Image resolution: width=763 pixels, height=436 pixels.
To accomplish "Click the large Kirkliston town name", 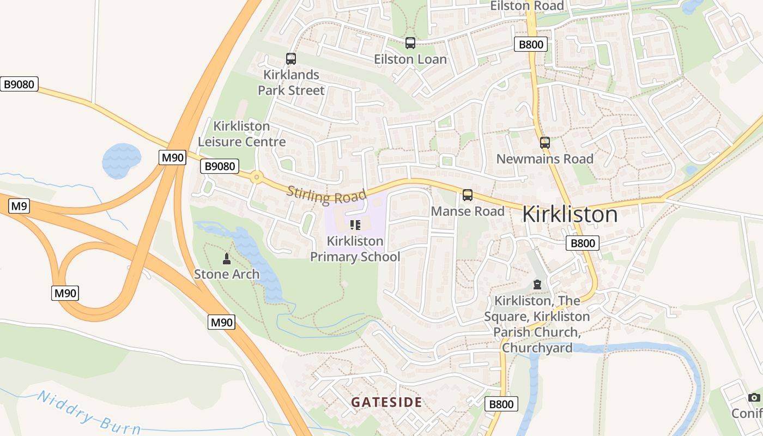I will tap(570, 215).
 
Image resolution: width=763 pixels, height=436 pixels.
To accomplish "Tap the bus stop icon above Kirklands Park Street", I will tap(291, 59).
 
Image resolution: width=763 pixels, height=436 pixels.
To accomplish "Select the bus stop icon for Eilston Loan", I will tap(410, 43).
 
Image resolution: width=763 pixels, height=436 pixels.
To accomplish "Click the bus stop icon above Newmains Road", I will tap(544, 143).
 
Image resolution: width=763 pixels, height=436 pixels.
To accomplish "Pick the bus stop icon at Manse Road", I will tap(468, 195).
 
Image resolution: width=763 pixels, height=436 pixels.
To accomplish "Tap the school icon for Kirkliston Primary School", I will tap(355, 225).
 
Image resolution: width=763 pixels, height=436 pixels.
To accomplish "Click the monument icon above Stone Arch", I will tap(227, 258).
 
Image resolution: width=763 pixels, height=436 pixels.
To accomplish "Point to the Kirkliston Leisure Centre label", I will tap(241, 134).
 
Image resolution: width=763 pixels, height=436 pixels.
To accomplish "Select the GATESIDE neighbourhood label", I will tap(386, 403).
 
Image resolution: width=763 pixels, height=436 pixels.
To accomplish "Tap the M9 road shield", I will tap(19, 206).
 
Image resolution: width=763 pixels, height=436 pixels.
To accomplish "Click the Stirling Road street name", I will tap(326, 194).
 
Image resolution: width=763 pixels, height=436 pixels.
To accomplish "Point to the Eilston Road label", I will tap(526, 6).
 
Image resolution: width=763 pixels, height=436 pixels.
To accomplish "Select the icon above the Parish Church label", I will tap(537, 285).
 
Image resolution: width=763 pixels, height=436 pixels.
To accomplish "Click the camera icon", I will tap(754, 397).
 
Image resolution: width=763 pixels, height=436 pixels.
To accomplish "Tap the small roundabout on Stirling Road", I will tap(256, 177).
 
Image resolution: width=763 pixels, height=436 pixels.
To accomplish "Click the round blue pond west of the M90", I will tap(121, 161).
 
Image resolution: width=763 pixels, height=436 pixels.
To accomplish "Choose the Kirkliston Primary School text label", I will tap(355, 249).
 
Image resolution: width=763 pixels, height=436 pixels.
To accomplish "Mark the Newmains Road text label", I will tap(544, 159).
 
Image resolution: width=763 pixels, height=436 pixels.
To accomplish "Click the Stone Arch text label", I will tap(227, 274).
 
